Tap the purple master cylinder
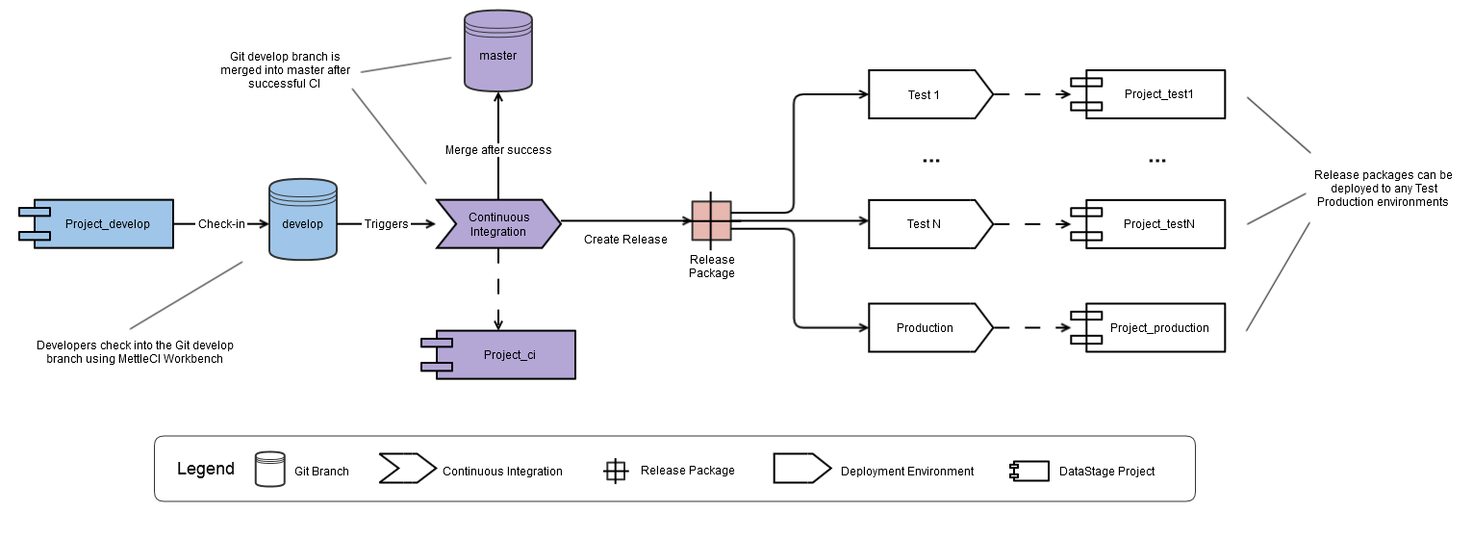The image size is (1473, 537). pos(497,52)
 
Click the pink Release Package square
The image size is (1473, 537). pos(712,221)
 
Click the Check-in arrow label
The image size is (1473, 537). pos(221,224)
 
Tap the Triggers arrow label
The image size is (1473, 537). pos(386,224)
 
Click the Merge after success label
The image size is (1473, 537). pos(497,150)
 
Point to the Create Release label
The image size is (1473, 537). pos(625,239)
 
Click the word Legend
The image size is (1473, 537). pos(205,470)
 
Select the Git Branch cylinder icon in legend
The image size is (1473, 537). pos(269,469)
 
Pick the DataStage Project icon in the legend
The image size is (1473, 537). pos(1029,471)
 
